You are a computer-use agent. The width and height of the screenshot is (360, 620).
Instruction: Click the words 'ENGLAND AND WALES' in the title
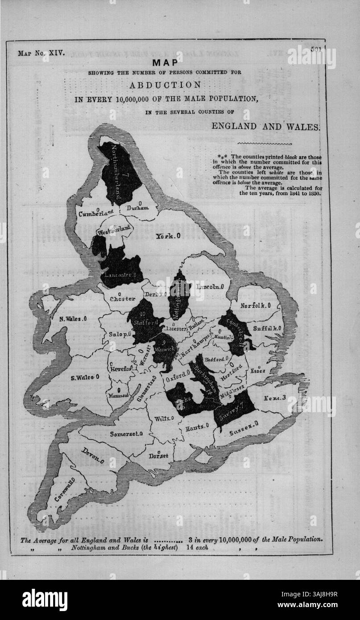point(265,126)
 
